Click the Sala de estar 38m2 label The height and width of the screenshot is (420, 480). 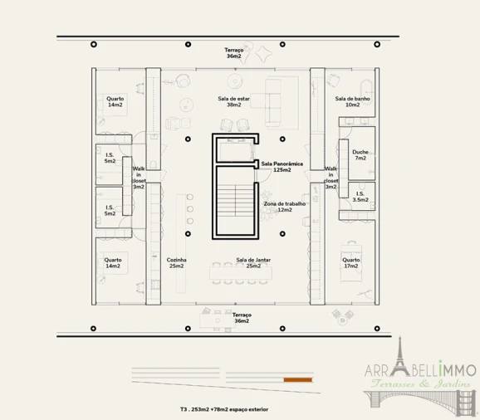point(233,101)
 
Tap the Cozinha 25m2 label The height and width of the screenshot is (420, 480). point(176,263)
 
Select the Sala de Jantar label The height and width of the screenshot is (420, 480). point(253,260)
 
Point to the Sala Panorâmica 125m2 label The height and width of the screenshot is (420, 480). point(282,167)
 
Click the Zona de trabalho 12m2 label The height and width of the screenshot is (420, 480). point(285,207)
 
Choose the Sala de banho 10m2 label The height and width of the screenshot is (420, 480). point(352,101)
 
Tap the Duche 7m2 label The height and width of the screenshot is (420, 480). point(360,154)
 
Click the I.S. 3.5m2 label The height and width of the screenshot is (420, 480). point(360,197)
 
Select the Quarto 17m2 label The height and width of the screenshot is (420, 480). point(350,263)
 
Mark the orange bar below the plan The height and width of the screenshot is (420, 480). point(298,380)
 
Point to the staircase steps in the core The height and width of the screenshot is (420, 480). point(235,200)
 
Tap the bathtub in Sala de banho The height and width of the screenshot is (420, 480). point(366,91)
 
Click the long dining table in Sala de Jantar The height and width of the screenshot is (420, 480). point(241,273)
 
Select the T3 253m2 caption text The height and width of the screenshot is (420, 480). point(224,409)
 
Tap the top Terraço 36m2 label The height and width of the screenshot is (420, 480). point(234,53)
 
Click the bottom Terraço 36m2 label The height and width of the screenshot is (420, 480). point(242,318)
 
